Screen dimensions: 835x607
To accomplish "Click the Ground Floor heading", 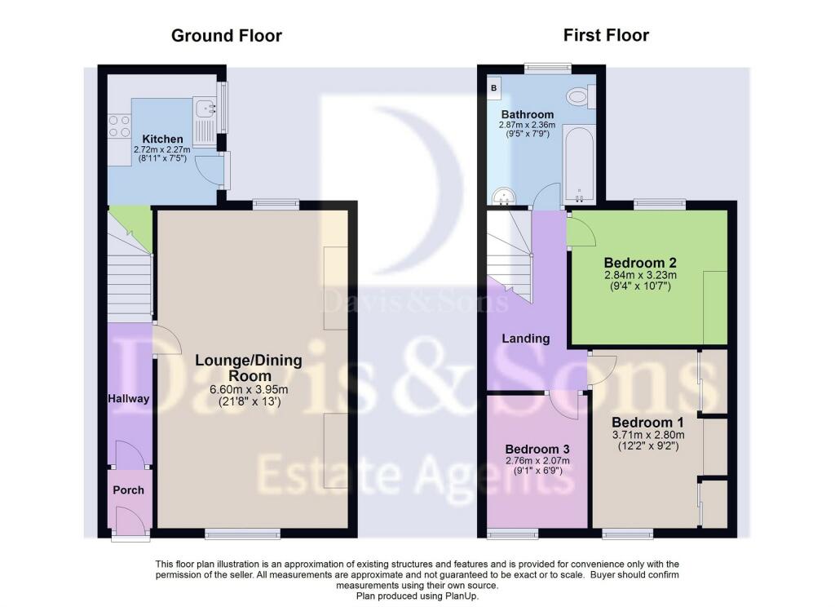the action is click(x=227, y=36).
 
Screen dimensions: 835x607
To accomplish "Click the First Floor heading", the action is click(x=606, y=35).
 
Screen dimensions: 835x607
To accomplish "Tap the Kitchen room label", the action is click(x=162, y=139).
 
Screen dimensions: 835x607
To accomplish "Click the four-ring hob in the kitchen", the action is click(x=119, y=126).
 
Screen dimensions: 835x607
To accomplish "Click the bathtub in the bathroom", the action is click(x=579, y=165).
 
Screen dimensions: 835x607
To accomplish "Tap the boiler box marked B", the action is click(x=493, y=87).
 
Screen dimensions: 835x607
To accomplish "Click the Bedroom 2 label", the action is click(x=640, y=263).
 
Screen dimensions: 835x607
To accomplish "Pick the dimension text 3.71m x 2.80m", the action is click(x=648, y=435).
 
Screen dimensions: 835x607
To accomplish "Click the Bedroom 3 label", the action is click(x=537, y=449).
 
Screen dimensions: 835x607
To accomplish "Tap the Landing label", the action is click(x=526, y=339).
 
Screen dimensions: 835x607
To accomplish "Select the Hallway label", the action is click(x=128, y=399).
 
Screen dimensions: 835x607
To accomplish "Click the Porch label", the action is click(x=128, y=490).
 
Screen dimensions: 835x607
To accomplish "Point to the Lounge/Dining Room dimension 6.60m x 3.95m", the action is click(x=250, y=389).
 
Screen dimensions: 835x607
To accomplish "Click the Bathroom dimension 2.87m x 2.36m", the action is click(x=528, y=125).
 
